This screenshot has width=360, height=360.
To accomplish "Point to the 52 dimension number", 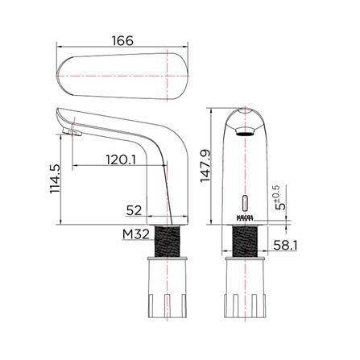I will [135, 210].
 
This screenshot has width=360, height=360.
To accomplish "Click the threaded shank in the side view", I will [170, 241].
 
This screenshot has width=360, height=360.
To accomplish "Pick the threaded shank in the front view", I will [246, 241].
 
